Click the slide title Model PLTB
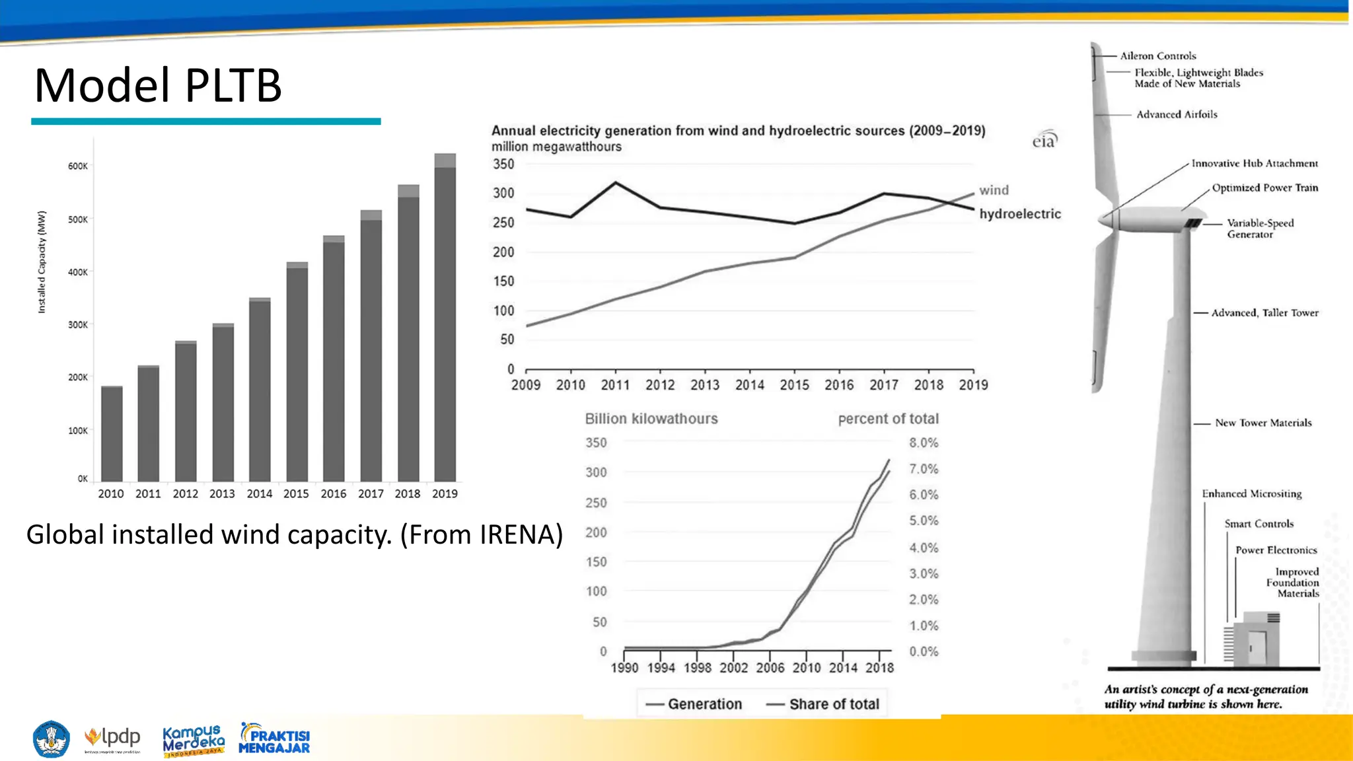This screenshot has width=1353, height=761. coord(158,86)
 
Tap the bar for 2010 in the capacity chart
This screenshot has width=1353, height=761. coord(112,433)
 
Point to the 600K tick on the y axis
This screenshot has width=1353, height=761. coord(77,166)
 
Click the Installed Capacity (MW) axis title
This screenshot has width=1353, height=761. coord(42,262)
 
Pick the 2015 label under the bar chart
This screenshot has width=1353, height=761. coord(296,493)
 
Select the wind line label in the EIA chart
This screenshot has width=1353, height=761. coord(994,190)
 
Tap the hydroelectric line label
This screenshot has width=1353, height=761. coord(1020,214)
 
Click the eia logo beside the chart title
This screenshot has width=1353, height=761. coord(1044,140)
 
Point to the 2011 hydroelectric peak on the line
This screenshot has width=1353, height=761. coord(616,182)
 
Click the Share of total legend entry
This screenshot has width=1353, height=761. coord(823,704)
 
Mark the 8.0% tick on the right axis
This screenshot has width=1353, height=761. coord(924,443)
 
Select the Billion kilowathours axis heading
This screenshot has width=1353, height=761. coord(651,419)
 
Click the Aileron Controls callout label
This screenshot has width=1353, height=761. coord(1157,56)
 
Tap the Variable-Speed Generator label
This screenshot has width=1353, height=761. coord(1260,229)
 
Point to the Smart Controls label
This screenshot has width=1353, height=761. coord(1259,524)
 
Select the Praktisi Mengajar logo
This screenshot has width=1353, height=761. coord(274,739)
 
